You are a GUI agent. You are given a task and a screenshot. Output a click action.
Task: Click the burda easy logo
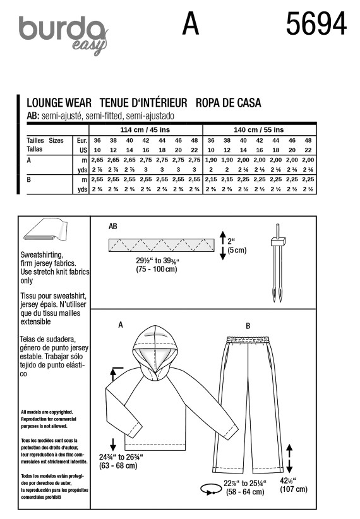(x=64, y=35)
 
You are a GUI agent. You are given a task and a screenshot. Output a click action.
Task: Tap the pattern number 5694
(x=316, y=23)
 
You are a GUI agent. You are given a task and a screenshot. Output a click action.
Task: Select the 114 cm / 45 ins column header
(x=145, y=130)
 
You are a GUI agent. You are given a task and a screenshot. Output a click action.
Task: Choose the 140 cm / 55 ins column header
(x=259, y=130)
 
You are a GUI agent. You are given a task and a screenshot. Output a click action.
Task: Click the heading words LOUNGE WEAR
(x=59, y=103)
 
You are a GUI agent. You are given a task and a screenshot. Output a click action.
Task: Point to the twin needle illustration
(x=278, y=263)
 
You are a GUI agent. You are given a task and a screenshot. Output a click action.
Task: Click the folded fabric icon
(x=45, y=229)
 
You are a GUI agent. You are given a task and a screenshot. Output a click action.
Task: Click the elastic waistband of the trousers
(x=248, y=340)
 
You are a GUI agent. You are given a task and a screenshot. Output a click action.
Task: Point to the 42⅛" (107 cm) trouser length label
(x=294, y=485)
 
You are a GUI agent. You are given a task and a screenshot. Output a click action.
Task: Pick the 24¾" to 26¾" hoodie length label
(x=121, y=462)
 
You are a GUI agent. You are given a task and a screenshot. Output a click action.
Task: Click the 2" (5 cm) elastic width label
(x=237, y=246)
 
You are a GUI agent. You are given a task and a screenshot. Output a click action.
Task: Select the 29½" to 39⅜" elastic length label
(x=157, y=265)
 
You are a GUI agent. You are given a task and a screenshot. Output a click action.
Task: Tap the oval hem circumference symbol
(x=211, y=489)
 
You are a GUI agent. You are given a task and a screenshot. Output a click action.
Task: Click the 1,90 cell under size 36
(x=211, y=160)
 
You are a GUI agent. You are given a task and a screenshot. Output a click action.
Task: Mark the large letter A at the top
(x=191, y=23)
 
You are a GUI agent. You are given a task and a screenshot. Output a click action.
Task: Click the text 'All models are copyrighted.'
(x=47, y=412)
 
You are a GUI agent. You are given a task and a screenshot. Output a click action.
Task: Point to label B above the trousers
(x=248, y=326)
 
